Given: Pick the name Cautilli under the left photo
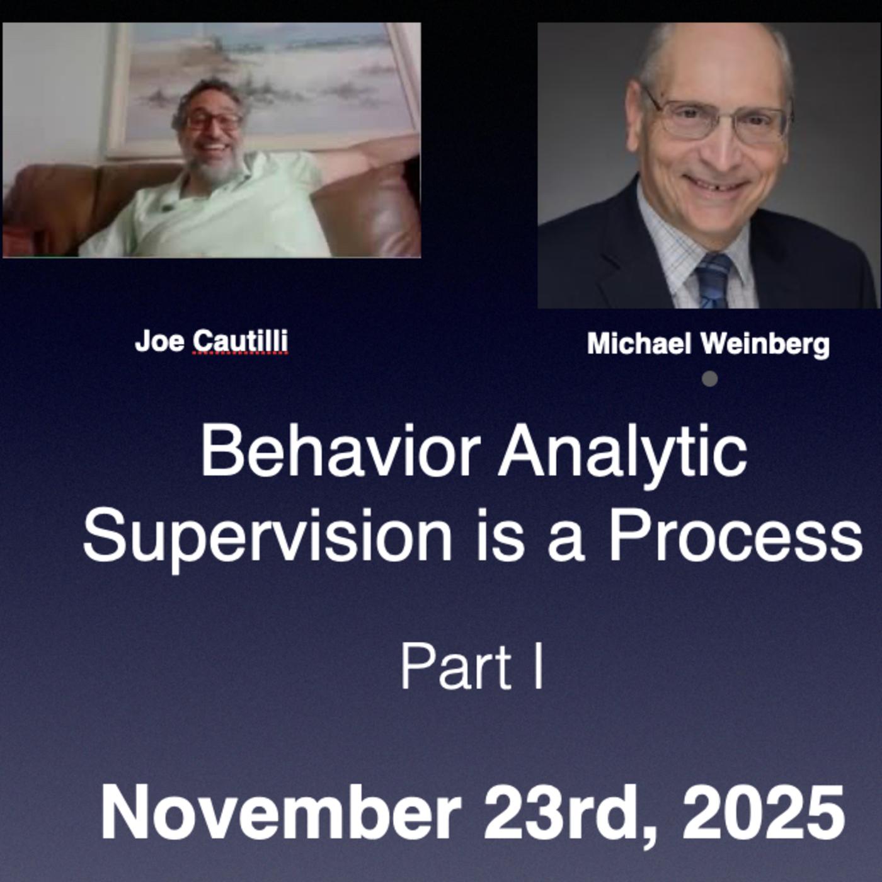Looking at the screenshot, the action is [x=240, y=342].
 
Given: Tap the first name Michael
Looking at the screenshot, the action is [x=639, y=344].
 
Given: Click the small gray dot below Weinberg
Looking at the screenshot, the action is [x=709, y=379].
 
